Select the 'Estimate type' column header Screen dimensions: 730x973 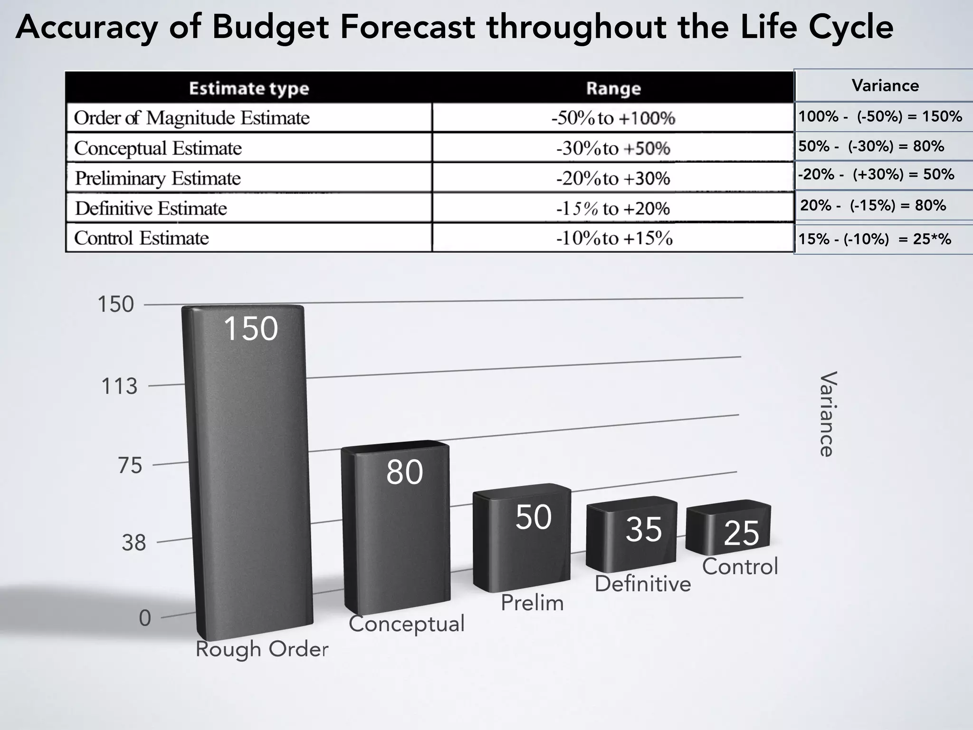pos(249,88)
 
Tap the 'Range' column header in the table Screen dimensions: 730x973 pos(613,88)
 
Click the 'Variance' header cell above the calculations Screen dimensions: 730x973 pos(885,86)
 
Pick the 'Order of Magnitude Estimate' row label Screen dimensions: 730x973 pos(191,118)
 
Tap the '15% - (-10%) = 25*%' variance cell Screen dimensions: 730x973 pos(874,239)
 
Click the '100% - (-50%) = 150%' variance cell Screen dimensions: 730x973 pos(880,116)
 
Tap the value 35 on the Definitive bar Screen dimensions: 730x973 pos(643,529)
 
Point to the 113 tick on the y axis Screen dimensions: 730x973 pos(119,386)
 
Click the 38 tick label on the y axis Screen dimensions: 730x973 pos(134,543)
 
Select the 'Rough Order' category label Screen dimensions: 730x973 pos(262,649)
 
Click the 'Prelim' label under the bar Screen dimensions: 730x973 pos(532,603)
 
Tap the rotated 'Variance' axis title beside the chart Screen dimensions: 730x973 pos(827,414)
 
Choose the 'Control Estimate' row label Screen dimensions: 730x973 pos(142,238)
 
